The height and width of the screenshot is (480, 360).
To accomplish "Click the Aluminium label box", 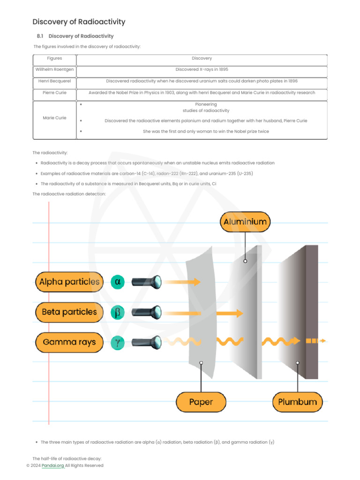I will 245,222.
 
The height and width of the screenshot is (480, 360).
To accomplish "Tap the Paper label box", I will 201,402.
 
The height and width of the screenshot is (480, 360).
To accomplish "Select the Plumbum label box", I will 297,402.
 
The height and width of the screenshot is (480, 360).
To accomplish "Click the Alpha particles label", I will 69,282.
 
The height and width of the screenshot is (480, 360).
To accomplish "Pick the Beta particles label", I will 69,312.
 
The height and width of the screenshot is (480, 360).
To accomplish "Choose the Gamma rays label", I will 69,342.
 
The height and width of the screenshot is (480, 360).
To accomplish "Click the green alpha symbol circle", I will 118,282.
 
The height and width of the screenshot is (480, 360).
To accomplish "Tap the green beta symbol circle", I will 118,312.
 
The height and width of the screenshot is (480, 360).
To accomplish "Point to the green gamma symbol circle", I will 118,342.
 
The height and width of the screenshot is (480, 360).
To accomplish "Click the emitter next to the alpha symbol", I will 147,282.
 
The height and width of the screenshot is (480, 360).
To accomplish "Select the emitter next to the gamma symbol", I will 147,342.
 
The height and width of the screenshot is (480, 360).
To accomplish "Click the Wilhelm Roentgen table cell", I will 54,70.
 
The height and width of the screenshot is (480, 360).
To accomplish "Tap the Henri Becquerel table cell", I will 54,81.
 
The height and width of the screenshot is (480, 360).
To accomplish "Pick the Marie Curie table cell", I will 54,118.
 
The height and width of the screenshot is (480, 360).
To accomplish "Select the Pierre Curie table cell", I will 54,93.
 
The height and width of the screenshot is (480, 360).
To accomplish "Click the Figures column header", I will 54,59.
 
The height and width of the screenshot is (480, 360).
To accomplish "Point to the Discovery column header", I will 202,59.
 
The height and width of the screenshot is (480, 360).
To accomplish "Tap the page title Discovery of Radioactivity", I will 79,22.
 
